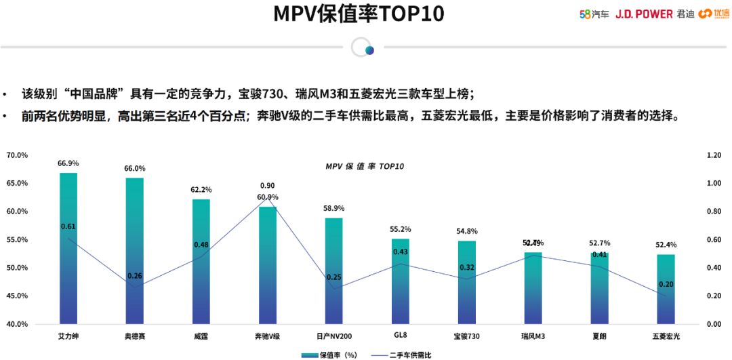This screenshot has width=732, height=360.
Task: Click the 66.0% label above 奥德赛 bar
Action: pyautogui.click(x=134, y=168)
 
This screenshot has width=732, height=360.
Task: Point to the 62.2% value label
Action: pyautogui.click(x=201, y=190)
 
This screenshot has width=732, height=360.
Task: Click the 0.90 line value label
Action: pyautogui.click(x=268, y=186)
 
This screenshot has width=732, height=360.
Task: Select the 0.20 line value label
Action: pyautogui.click(x=666, y=284)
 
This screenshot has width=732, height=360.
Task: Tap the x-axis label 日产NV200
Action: pyautogui.click(x=334, y=336)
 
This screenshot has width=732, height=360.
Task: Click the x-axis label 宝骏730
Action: pyautogui.click(x=467, y=336)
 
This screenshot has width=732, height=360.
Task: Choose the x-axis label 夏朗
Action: pyautogui.click(x=600, y=336)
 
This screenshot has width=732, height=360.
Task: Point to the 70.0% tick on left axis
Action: pyautogui.click(x=17, y=155)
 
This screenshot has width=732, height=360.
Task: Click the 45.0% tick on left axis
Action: pyautogui.click(x=17, y=296)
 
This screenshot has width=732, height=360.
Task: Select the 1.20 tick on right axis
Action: pyautogui.click(x=714, y=155)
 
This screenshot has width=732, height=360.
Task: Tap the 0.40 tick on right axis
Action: pyautogui.click(x=714, y=268)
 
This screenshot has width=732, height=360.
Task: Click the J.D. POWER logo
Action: pyautogui.click(x=643, y=14)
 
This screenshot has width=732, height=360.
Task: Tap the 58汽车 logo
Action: pyautogui.click(x=594, y=14)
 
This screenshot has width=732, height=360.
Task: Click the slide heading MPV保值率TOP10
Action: pyautogui.click(x=359, y=14)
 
